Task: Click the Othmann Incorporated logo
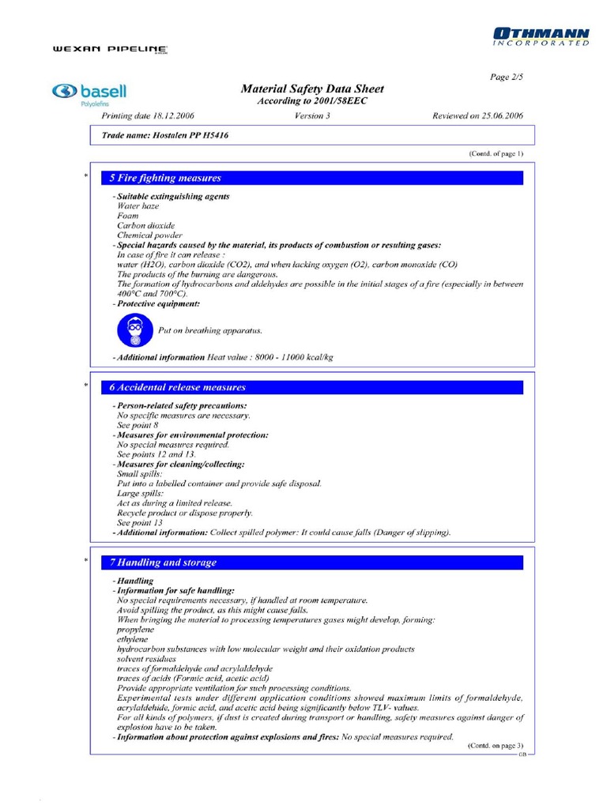click(541, 36)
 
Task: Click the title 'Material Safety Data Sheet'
click(312, 89)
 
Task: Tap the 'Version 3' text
click(312, 115)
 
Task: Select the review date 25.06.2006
click(477, 115)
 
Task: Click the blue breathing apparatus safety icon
click(134, 330)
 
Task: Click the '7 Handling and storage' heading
click(163, 563)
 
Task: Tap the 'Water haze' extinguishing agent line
click(138, 205)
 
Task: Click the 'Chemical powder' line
click(149, 235)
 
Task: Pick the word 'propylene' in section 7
click(136, 630)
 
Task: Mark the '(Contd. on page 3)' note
click(496, 746)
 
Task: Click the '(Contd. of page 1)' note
click(496, 153)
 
